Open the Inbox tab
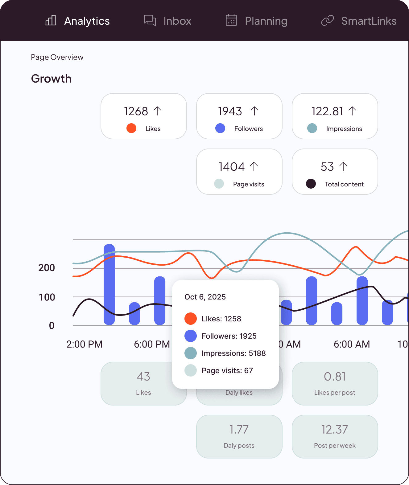[168, 21]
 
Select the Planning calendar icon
[231, 20]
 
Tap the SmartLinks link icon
[328, 21]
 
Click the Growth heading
[51, 79]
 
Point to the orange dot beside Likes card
[131, 128]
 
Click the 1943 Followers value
[230, 111]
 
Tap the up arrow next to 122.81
[352, 111]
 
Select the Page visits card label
[249, 184]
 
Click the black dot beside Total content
[311, 184]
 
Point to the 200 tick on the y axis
[47, 268]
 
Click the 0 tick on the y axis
[52, 326]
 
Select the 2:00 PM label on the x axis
[84, 344]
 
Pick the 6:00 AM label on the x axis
[352, 344]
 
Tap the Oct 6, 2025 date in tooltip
[205, 297]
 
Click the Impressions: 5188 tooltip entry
[233, 353]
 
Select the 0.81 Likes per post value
[335, 377]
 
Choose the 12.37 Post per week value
[335, 430]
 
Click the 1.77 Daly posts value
[239, 430]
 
